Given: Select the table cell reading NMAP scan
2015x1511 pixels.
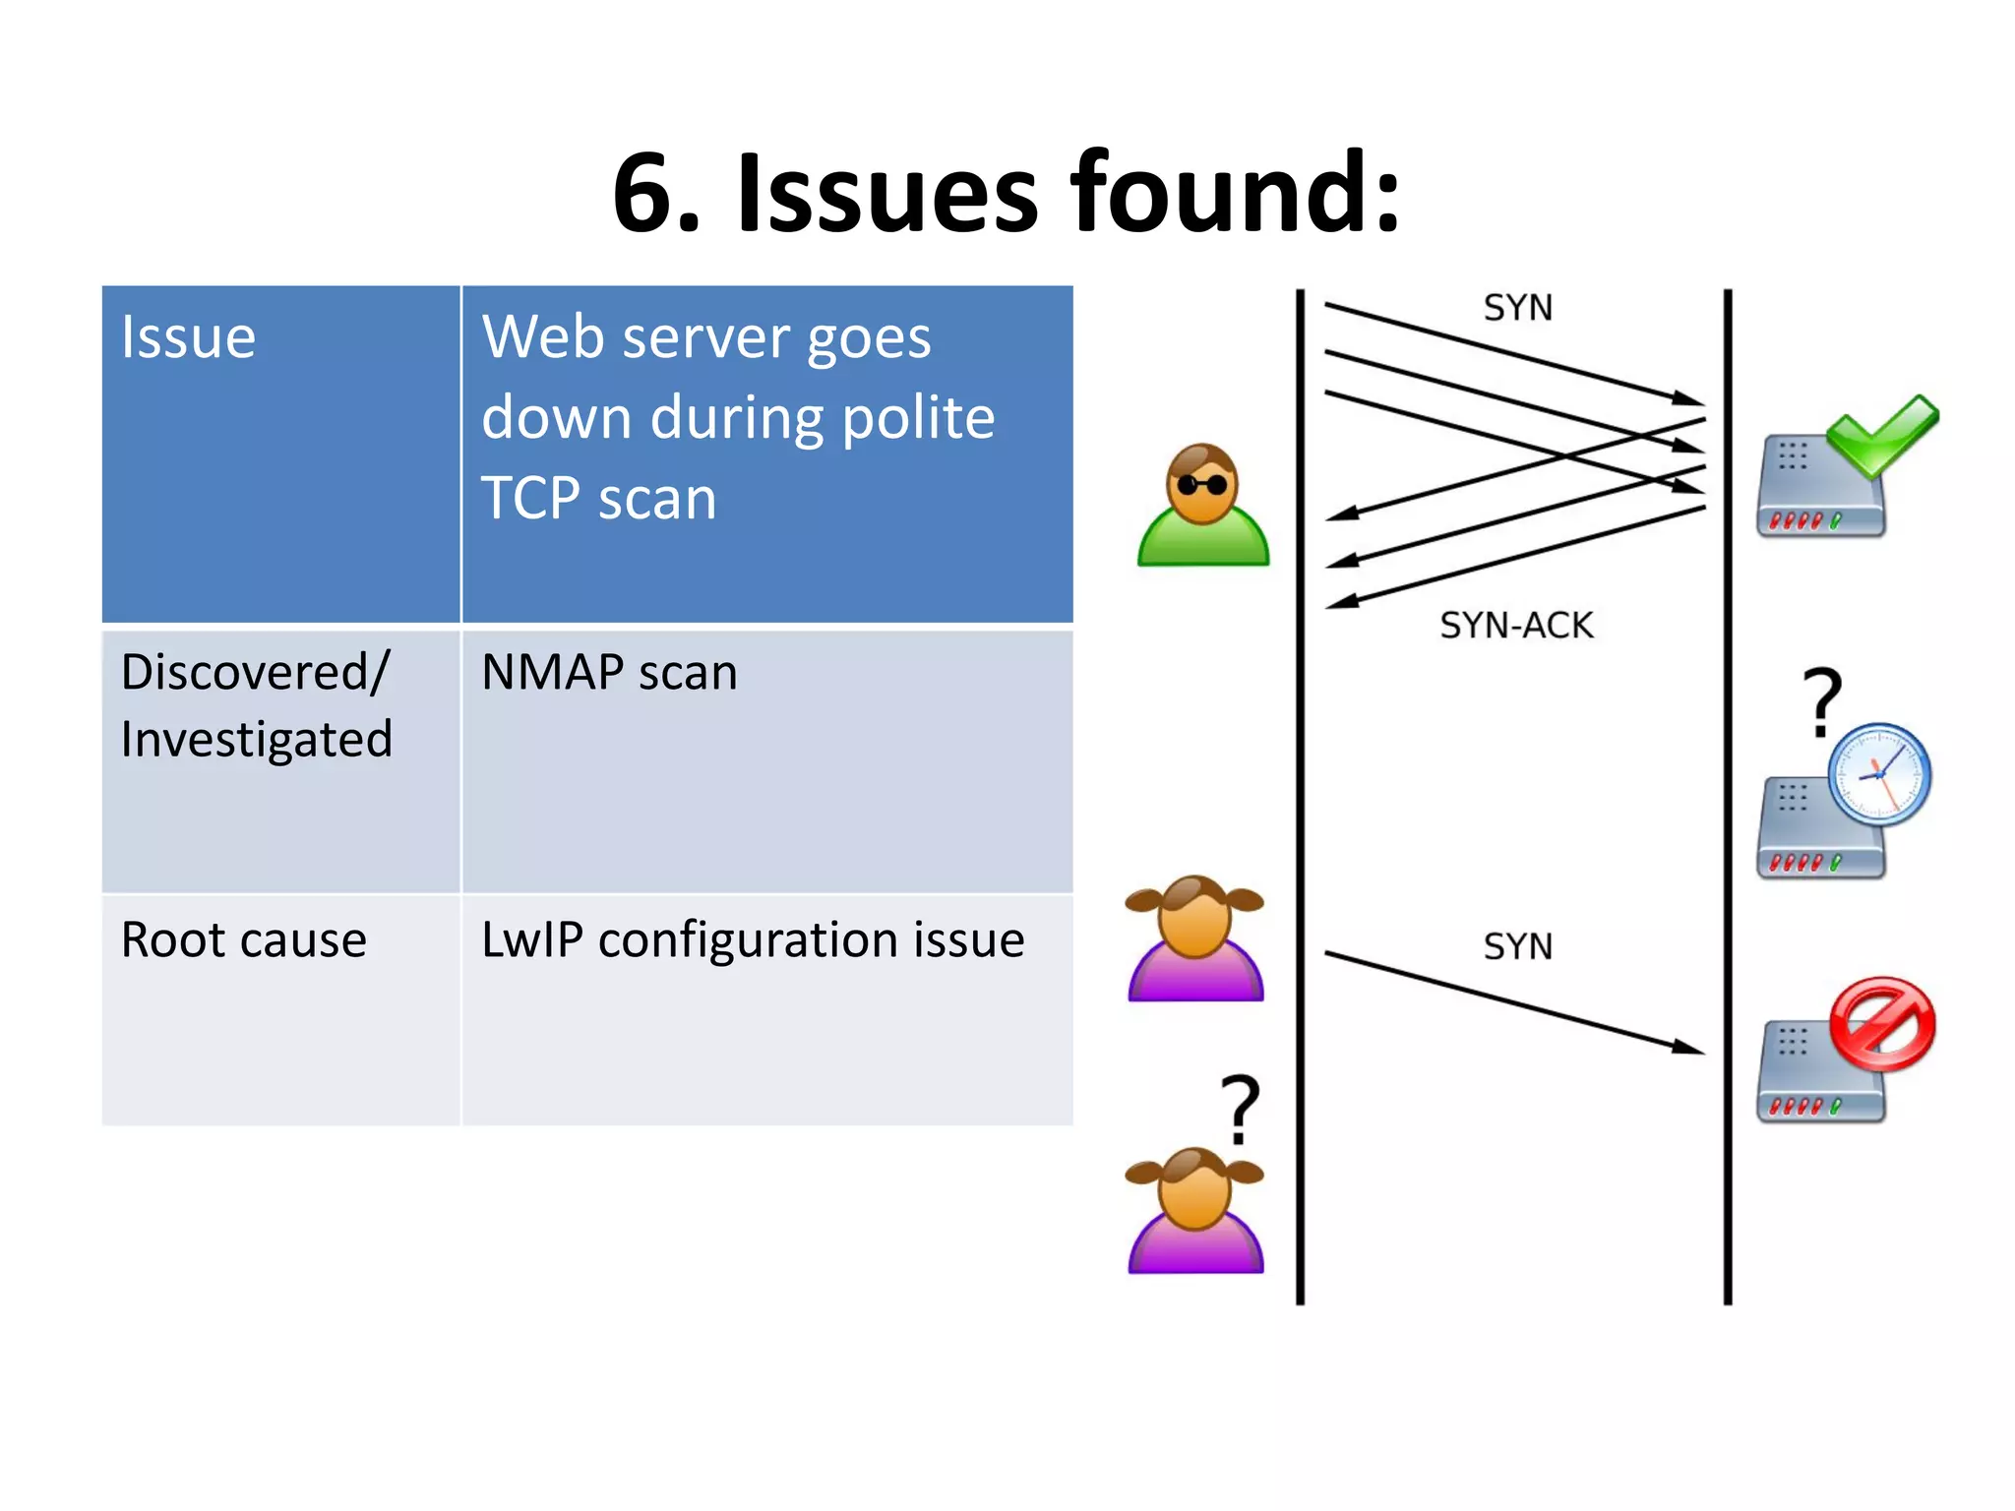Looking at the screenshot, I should (x=609, y=674).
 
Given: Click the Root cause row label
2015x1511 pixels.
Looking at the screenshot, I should (x=243, y=939).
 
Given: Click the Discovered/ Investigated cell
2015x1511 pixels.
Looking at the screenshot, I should (x=256, y=705).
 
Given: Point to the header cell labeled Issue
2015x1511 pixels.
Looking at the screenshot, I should (x=188, y=337).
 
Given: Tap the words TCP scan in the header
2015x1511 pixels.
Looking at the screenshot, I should (x=598, y=498).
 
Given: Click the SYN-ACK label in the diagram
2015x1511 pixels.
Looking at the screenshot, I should (x=1516, y=626).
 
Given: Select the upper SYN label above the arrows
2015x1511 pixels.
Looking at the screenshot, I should (x=1517, y=308).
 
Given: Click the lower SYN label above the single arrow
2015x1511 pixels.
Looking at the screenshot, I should (x=1517, y=946).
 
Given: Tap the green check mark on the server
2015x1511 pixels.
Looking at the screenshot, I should (x=1881, y=435).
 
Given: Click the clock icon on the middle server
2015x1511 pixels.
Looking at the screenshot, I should (x=1879, y=774).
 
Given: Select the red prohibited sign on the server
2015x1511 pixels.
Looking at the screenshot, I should (x=1882, y=1023).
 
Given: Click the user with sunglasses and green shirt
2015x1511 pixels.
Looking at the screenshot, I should (x=1202, y=506).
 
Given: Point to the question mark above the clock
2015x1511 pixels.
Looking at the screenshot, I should (x=1821, y=700).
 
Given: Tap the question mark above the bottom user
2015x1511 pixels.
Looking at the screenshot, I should (x=1240, y=1109).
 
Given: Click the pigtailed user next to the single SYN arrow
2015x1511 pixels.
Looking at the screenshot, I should (x=1194, y=938).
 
